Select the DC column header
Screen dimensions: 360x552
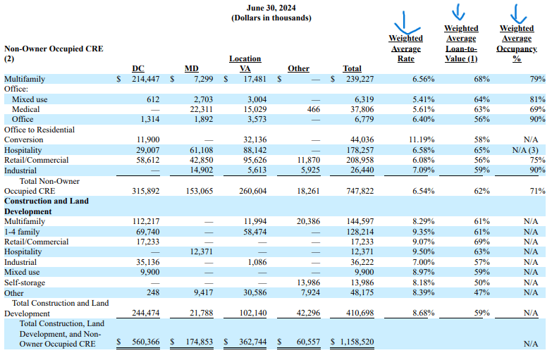[x=139, y=68]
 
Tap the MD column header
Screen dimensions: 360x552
[x=192, y=68]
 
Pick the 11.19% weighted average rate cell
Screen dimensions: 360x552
[x=422, y=140]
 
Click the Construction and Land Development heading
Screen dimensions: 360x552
[x=47, y=206]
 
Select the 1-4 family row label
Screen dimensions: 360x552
[x=23, y=232]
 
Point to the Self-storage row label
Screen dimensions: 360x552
[x=25, y=283]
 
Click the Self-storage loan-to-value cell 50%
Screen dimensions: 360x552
[x=482, y=283]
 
